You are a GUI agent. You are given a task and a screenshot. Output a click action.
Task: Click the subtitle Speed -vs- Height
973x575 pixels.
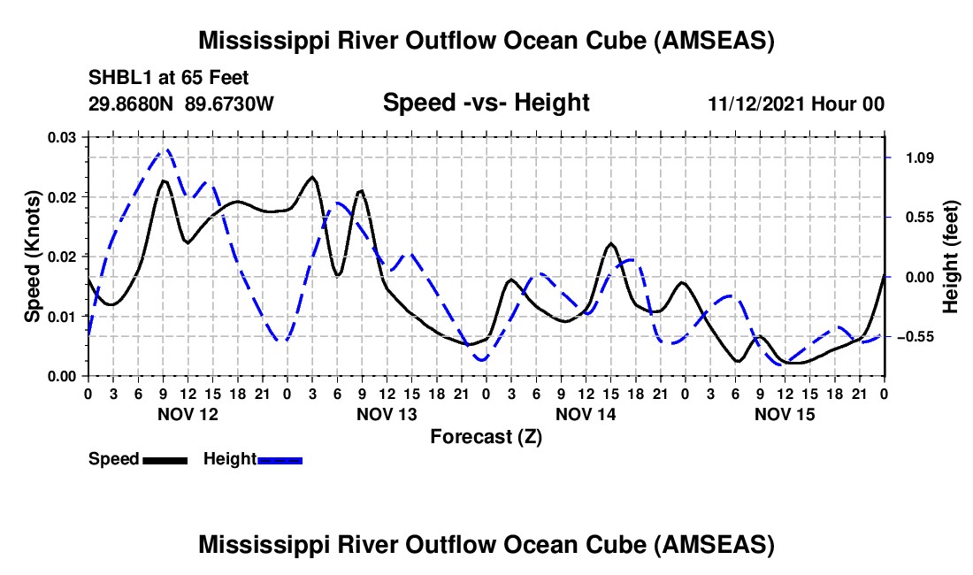tap(486, 103)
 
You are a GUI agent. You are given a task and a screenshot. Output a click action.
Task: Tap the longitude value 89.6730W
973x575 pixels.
tap(230, 104)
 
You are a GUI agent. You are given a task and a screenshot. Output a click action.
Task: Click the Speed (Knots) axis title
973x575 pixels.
tap(32, 257)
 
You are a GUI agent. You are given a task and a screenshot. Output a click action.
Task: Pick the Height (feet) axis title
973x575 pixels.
tap(950, 257)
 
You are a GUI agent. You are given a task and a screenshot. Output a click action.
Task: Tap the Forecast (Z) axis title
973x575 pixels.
tap(486, 436)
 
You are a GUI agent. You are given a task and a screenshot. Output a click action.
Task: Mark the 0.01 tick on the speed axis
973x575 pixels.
tap(63, 316)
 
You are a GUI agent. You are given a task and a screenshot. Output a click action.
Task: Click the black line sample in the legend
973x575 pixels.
tap(165, 460)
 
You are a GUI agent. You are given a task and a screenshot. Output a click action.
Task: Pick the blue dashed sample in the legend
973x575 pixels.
tap(280, 460)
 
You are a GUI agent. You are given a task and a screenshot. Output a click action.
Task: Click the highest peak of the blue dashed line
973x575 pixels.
tap(165, 150)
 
